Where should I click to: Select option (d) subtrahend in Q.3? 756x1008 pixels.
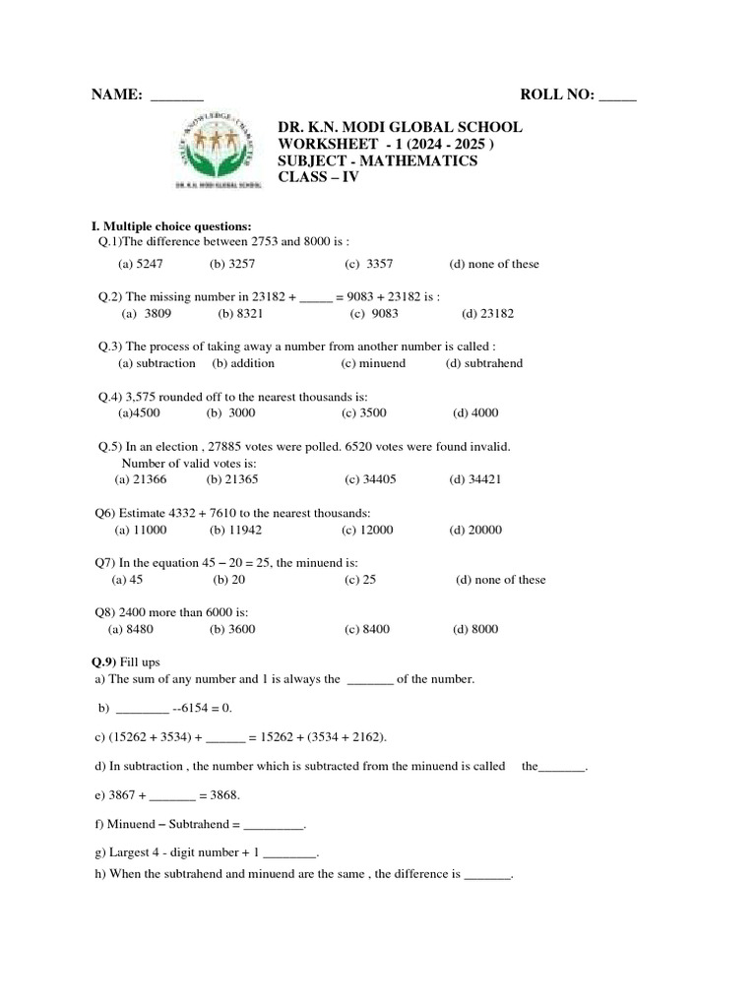tap(484, 363)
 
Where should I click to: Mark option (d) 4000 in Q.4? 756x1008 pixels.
tap(475, 413)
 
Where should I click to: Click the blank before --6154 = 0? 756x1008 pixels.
tap(142, 709)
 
